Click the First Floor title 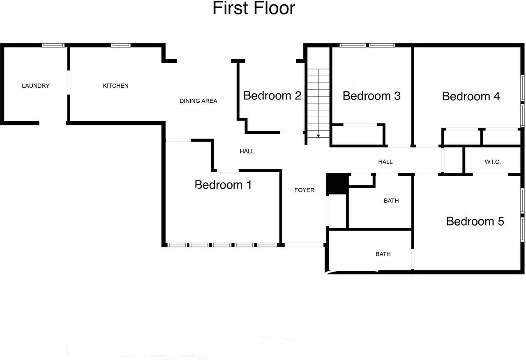pos(254,8)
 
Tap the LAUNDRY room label pos(36,86)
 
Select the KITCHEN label pos(115,86)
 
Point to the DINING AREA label pos(198,101)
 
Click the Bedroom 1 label pos(223,185)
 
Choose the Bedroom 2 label pos(272,96)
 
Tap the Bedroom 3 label pos(371,96)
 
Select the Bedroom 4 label pos(471,96)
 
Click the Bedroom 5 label pos(475,222)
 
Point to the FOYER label pos(305,190)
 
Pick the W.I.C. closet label pos(492,162)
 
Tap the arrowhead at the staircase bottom pos(318,136)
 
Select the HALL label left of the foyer pos(247,151)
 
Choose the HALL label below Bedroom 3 pos(385,162)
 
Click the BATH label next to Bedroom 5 pos(391,201)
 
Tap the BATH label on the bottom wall pos(383,254)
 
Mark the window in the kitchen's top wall pos(121,45)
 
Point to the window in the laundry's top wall pos(53,45)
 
